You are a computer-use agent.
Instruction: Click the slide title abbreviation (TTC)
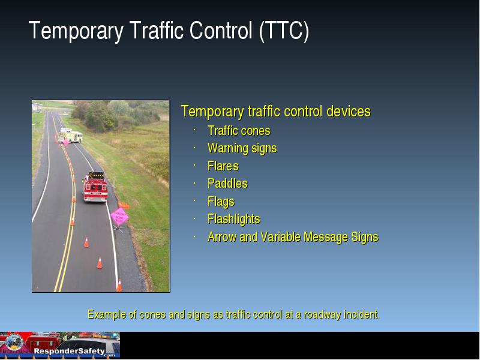pos(284,31)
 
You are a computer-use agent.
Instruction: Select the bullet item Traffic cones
pos(239,131)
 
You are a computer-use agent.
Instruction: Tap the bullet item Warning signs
pos(242,148)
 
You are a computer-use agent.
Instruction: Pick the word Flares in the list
pos(223,166)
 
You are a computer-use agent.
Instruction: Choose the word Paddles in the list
pos(227,184)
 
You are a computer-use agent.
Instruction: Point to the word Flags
pos(221,202)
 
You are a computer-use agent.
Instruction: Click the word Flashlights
pos(234,219)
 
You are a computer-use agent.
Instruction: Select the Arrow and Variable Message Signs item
pos(293,237)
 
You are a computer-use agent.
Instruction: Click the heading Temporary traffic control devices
pos(276,112)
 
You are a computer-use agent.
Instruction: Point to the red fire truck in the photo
pos(95,187)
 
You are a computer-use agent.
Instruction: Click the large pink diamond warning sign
pos(119,217)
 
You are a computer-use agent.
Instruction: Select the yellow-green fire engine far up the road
pos(71,136)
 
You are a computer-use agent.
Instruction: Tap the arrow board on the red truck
pos(96,175)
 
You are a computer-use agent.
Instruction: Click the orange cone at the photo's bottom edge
pos(119,286)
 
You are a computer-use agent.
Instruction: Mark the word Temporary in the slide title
pos(76,31)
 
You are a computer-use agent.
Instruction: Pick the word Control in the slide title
pos(221,31)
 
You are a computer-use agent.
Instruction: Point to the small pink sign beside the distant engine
pos(65,142)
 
